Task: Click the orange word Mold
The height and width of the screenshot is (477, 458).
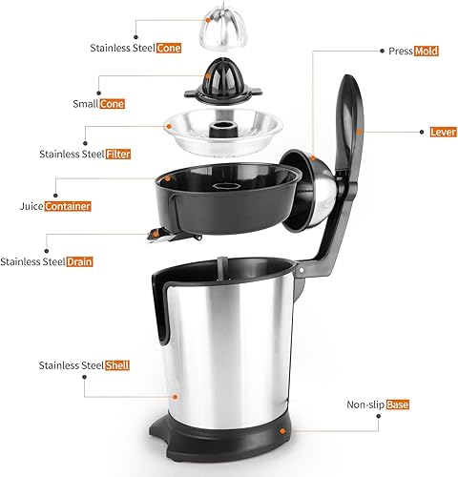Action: [x=426, y=51]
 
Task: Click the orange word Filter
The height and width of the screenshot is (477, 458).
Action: [x=143, y=154]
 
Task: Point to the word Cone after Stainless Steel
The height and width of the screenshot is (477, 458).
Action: [x=169, y=47]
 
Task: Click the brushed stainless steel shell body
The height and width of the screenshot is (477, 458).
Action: [x=229, y=353]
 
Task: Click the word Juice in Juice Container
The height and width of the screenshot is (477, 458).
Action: [x=31, y=206]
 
